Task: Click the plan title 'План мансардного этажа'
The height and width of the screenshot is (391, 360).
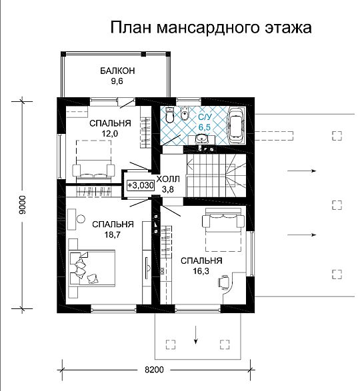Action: coord(211,27)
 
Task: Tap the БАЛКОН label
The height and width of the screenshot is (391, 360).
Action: coord(117,71)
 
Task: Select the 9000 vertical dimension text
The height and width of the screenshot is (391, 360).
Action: coord(23,204)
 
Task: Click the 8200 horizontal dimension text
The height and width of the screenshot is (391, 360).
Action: coord(154,370)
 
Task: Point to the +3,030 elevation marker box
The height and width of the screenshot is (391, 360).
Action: coord(141,185)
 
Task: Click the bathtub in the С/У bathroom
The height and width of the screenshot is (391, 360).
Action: coord(236,125)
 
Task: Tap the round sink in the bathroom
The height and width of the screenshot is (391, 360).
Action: coord(201,138)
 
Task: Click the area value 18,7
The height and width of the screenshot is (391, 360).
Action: coord(113,234)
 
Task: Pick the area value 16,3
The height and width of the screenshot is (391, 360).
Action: coord(201,271)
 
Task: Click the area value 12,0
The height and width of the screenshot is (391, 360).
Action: coord(109,134)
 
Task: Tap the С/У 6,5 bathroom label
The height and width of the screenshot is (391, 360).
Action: coord(205,122)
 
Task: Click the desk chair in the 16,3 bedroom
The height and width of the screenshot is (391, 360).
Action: coord(223,282)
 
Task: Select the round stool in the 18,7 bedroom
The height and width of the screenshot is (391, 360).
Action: coord(81,219)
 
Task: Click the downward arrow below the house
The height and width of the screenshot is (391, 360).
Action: coord(196,335)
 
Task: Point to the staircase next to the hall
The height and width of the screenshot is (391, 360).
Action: coord(216,176)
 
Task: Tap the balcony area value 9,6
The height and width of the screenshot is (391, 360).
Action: coord(117,81)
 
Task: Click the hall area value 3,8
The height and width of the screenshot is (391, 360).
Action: coord(168,190)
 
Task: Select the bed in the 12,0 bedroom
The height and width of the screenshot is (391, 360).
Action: coord(93,160)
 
